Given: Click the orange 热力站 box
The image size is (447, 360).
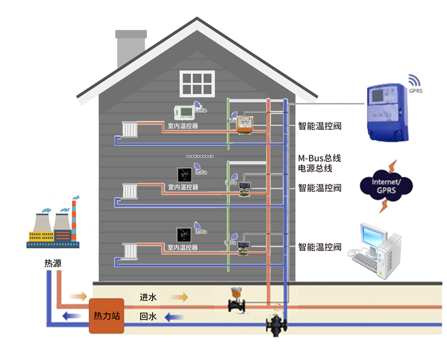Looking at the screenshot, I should click(106, 316).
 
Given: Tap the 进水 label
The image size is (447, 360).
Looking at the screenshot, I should click(148, 297).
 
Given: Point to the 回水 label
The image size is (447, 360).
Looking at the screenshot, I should click(148, 317).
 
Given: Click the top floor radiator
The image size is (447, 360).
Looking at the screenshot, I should click(130, 130).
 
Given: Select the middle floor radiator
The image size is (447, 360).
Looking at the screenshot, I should click(130, 191).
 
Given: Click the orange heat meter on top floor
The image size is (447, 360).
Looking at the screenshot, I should click(244, 124).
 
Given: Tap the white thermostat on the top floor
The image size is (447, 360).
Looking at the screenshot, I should click(183, 111).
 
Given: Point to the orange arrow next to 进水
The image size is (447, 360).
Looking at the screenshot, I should click(179, 297).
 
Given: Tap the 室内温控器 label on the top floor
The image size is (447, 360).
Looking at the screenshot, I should click(183, 126).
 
